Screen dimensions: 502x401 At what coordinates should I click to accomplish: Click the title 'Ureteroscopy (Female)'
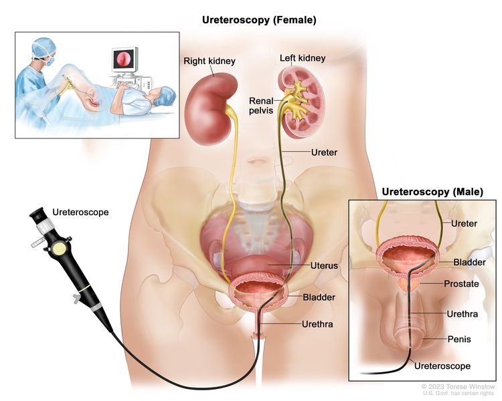[x=259, y=20]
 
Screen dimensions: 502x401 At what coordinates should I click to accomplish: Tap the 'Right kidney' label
[x=210, y=61]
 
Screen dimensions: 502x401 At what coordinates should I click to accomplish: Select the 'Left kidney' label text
[x=303, y=58]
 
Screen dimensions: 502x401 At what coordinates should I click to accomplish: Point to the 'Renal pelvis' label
[x=261, y=106]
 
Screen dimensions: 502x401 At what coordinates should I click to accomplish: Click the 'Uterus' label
[x=324, y=265]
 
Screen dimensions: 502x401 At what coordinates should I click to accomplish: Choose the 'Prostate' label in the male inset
[x=461, y=283]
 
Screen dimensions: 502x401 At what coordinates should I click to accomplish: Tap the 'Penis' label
[x=459, y=339]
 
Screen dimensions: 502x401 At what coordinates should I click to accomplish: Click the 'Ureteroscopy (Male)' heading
[x=432, y=192]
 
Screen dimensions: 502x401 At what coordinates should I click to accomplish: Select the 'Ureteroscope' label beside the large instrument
[x=80, y=212]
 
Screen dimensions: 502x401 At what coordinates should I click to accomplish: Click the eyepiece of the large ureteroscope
[x=37, y=215]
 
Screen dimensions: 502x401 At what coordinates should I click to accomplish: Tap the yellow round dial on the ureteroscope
[x=59, y=248]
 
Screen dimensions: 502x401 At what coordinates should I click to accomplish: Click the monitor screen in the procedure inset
[x=122, y=59]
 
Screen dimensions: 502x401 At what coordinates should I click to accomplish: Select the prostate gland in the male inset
[x=409, y=284]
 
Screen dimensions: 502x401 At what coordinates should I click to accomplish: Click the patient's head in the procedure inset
[x=164, y=96]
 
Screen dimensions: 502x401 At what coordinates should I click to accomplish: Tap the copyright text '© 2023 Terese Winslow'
[x=458, y=387]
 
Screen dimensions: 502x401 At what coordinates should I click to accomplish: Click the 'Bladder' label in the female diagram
[x=319, y=297]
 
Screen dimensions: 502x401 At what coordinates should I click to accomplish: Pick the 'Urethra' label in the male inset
[x=463, y=314]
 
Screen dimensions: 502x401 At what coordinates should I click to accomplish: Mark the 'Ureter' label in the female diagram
[x=324, y=152]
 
